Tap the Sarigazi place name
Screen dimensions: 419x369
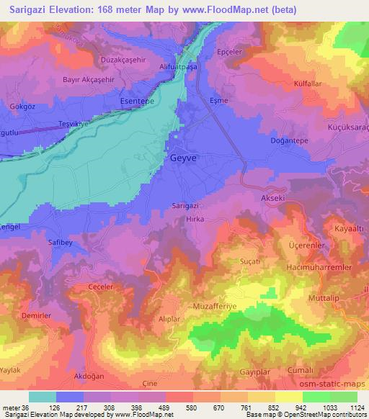pyautogui.click(x=185, y=205)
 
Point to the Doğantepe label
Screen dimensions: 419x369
pyautogui.click(x=290, y=141)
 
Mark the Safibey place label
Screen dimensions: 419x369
pyautogui.click(x=61, y=243)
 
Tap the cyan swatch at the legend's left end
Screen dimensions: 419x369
pyautogui.click(x=43, y=397)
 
